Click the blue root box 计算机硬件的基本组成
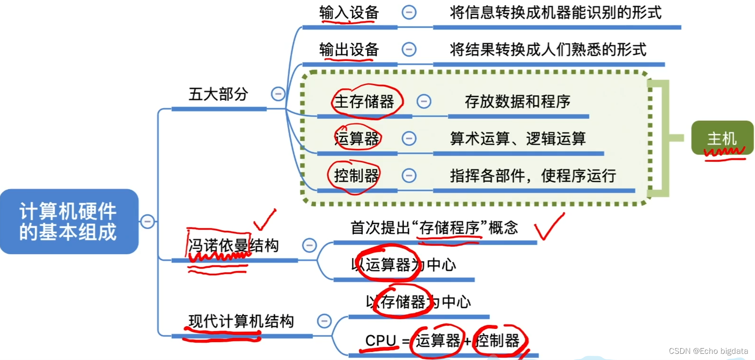pyautogui.click(x=69, y=221)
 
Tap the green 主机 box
pyautogui.click(x=722, y=138)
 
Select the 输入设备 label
pyautogui.click(x=349, y=13)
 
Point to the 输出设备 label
pyautogui.click(x=349, y=50)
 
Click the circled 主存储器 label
pyautogui.click(x=364, y=101)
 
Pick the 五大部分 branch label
pyautogui.click(x=218, y=94)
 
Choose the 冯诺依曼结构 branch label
pyautogui.click(x=233, y=246)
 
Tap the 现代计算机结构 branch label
pyautogui.click(x=241, y=321)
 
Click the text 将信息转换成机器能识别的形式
pyautogui.click(x=555, y=13)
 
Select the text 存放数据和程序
pyautogui.click(x=518, y=101)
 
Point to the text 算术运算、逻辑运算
pyautogui.click(x=518, y=139)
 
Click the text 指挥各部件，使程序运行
pyautogui.click(x=533, y=176)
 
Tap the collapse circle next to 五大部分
pyautogui.click(x=278, y=94)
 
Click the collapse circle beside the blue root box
pyautogui.click(x=148, y=221)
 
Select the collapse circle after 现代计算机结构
pyautogui.click(x=324, y=321)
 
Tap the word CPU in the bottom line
pyautogui.click(x=380, y=340)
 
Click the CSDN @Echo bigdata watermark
pyautogui.click(x=708, y=351)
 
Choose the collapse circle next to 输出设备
pyautogui.click(x=409, y=49)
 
